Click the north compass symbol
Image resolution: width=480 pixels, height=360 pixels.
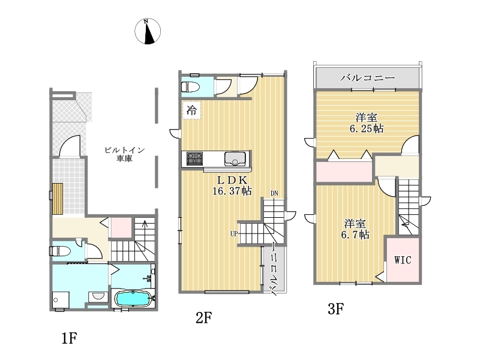[148, 31]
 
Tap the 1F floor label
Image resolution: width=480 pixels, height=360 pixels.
[70, 338]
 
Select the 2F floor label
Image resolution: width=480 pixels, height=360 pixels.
[204, 318]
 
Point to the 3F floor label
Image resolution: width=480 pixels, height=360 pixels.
[336, 308]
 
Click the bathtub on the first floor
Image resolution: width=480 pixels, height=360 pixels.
[133, 298]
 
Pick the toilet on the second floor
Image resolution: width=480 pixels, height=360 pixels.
[190, 87]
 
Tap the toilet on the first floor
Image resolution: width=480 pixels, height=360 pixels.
[61, 251]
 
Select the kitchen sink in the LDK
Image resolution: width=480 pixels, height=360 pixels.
[235, 158]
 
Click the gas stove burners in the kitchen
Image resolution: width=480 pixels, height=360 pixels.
[194, 158]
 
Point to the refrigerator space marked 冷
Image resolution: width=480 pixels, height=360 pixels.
[191, 110]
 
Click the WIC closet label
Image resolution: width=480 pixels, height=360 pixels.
[403, 260]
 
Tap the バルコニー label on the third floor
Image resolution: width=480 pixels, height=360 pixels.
[368, 78]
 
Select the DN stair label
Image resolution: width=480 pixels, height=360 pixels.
[274, 193]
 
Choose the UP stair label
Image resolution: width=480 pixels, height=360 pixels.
[234, 234]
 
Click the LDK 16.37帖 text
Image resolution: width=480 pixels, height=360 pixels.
[232, 185]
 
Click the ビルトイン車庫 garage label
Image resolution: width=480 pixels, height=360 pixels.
[124, 154]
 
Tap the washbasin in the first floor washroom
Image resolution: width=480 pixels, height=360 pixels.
[98, 296]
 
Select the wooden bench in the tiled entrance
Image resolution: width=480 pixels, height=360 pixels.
[58, 199]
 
